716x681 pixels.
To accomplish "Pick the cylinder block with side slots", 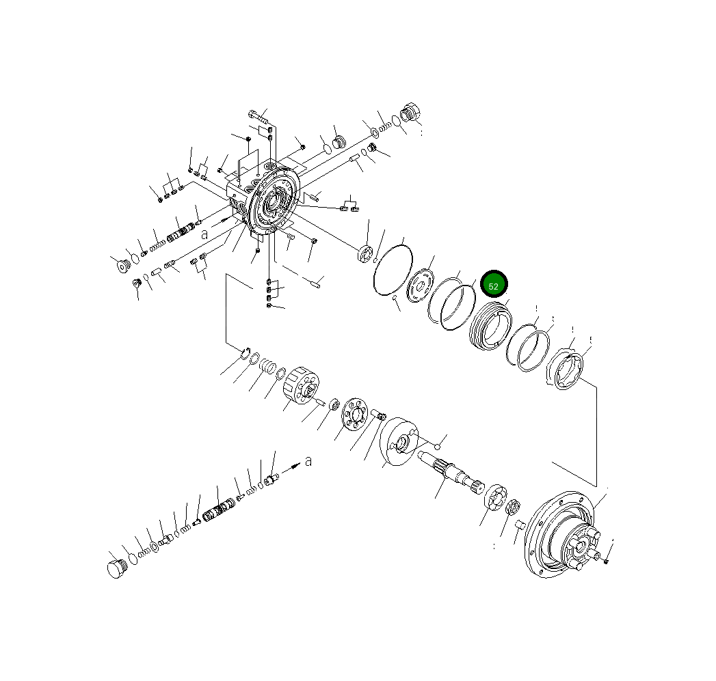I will pos(302,388).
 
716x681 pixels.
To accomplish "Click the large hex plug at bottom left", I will pos(117,568).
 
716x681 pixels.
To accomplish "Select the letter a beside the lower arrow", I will pos(308,462).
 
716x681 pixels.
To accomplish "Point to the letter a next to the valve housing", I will pos(204,234).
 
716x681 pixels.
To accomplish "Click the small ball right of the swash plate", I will pos(437,446).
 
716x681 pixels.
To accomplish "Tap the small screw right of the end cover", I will pos(607,560).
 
